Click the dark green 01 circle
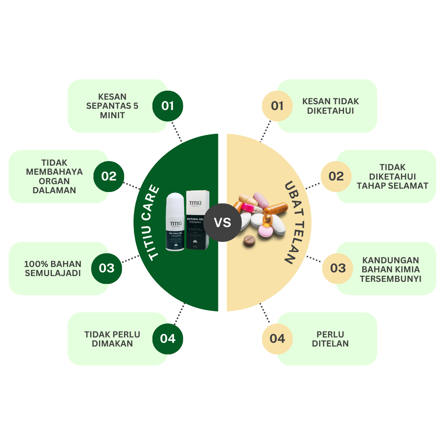pyautogui.click(x=168, y=106)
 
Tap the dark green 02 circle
pyautogui.click(x=109, y=176)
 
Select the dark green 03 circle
pyautogui.click(x=107, y=268)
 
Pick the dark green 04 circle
pyautogui.click(x=168, y=339)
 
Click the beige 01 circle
pyautogui.click(x=277, y=106)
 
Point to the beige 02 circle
pyautogui.click(x=336, y=176)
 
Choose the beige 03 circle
pyautogui.click(x=338, y=268)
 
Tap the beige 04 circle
pyautogui.click(x=277, y=339)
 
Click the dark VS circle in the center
pyautogui.click(x=222, y=222)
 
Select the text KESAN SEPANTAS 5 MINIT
pyautogui.click(x=112, y=106)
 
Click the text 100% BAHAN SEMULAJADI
pyautogui.click(x=53, y=268)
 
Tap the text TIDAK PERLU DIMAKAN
pyautogui.click(x=112, y=339)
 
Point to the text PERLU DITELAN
pyautogui.click(x=330, y=339)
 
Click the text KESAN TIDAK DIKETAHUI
pyautogui.click(x=330, y=106)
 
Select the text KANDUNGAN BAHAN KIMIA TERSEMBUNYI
pyautogui.click(x=390, y=269)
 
